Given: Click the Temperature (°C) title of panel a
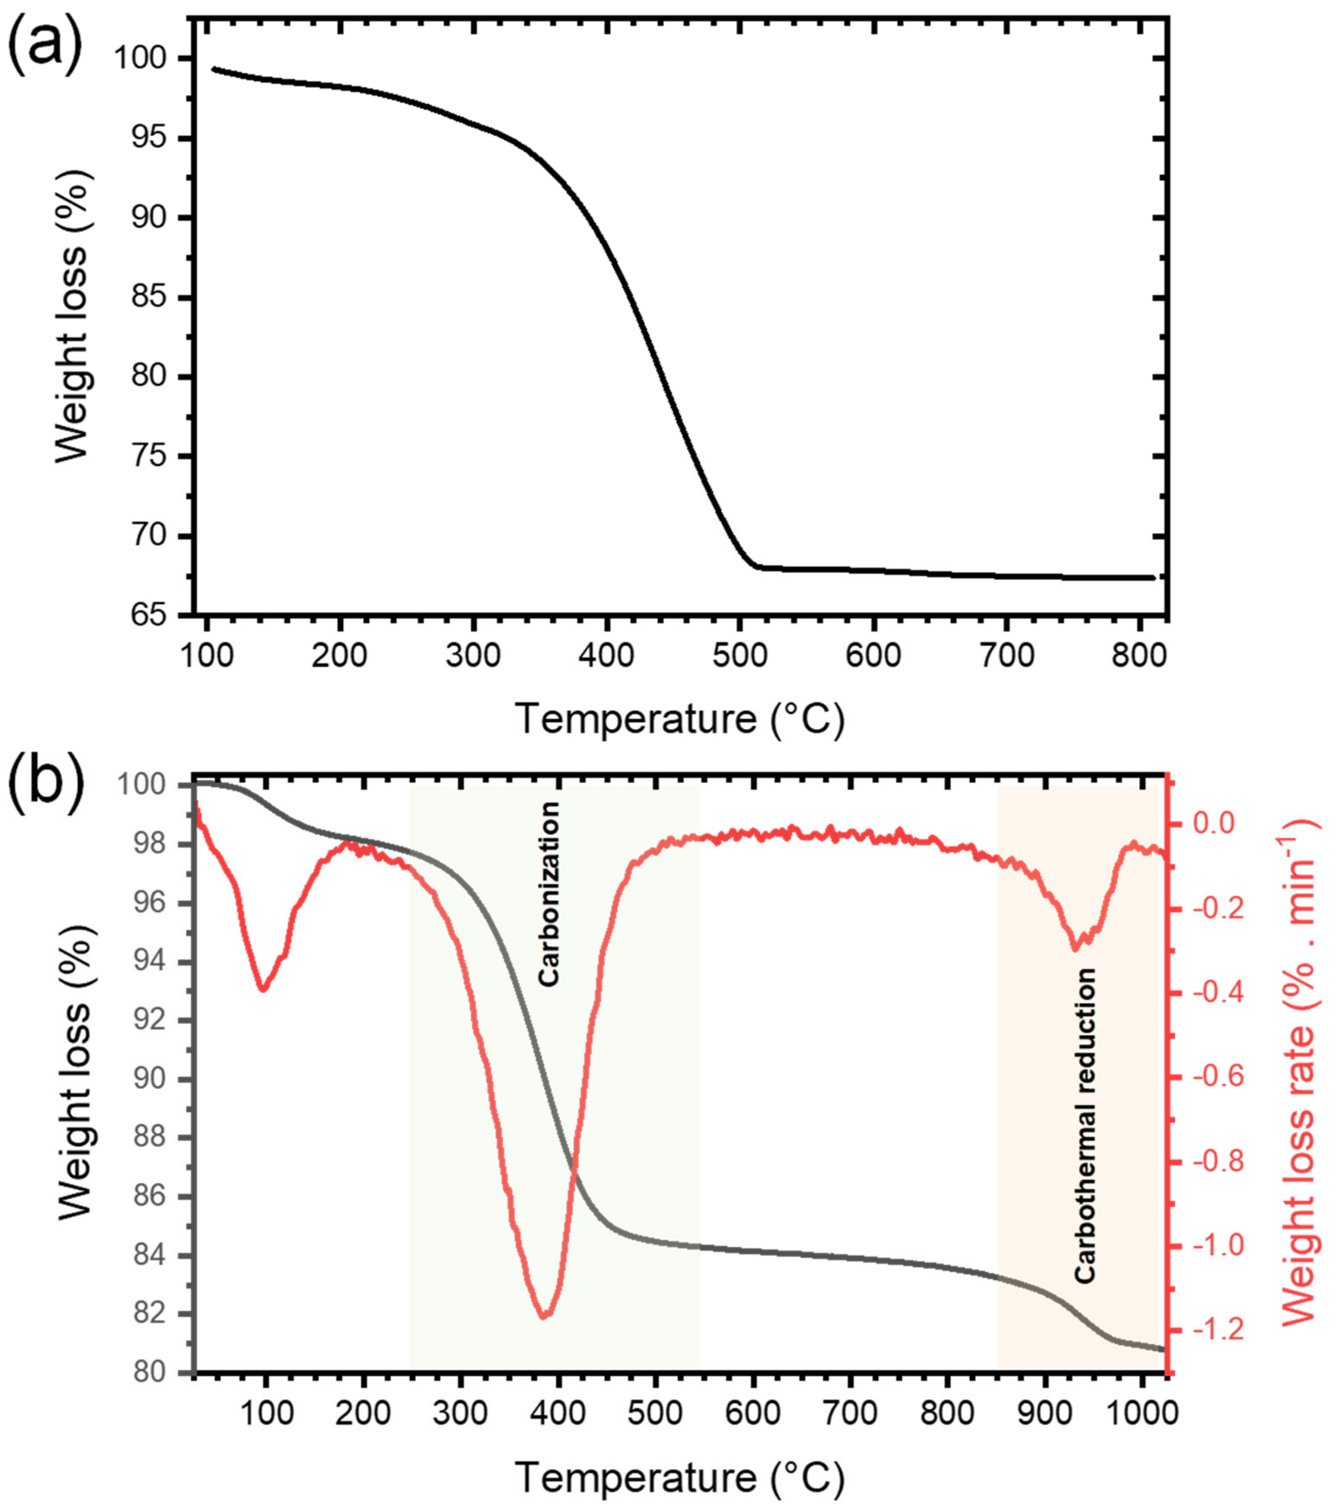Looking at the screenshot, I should coord(679,718).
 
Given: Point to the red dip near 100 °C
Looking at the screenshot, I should coord(263,989).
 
